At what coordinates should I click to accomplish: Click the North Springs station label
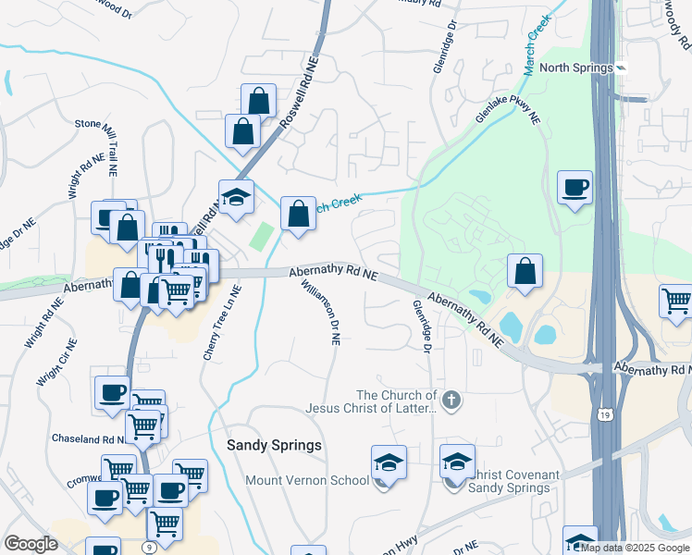click(x=576, y=68)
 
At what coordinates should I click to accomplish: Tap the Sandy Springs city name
click(x=275, y=445)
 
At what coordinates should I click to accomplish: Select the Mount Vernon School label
click(x=306, y=480)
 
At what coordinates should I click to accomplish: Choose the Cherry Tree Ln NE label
click(x=223, y=323)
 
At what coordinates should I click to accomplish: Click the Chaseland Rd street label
click(x=88, y=438)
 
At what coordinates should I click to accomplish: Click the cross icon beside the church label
click(x=451, y=401)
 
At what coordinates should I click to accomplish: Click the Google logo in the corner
click(x=31, y=544)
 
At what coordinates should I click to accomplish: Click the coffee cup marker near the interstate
click(x=575, y=188)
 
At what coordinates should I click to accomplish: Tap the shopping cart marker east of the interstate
click(x=676, y=301)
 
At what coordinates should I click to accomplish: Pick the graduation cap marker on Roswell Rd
click(x=236, y=196)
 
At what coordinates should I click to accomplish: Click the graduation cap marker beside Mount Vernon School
click(x=389, y=462)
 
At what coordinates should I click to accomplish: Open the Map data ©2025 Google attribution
click(x=636, y=548)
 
